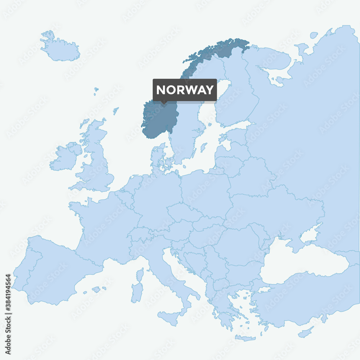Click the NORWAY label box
185,90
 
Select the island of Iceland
60,49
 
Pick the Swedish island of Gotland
204,147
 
